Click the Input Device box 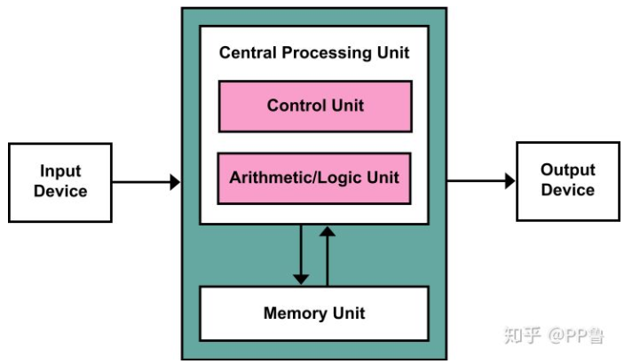point(60,180)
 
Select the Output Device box point(568,180)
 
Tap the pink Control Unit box point(315,106)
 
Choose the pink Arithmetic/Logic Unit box point(315,177)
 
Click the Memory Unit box point(314,313)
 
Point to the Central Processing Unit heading point(314,52)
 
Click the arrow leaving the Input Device point(146,182)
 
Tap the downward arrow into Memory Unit point(301,255)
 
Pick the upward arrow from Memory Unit point(328,255)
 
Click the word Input point(60,170)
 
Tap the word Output point(568,170)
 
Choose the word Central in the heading point(249,52)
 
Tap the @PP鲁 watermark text point(581,336)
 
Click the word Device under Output point(568,190)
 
